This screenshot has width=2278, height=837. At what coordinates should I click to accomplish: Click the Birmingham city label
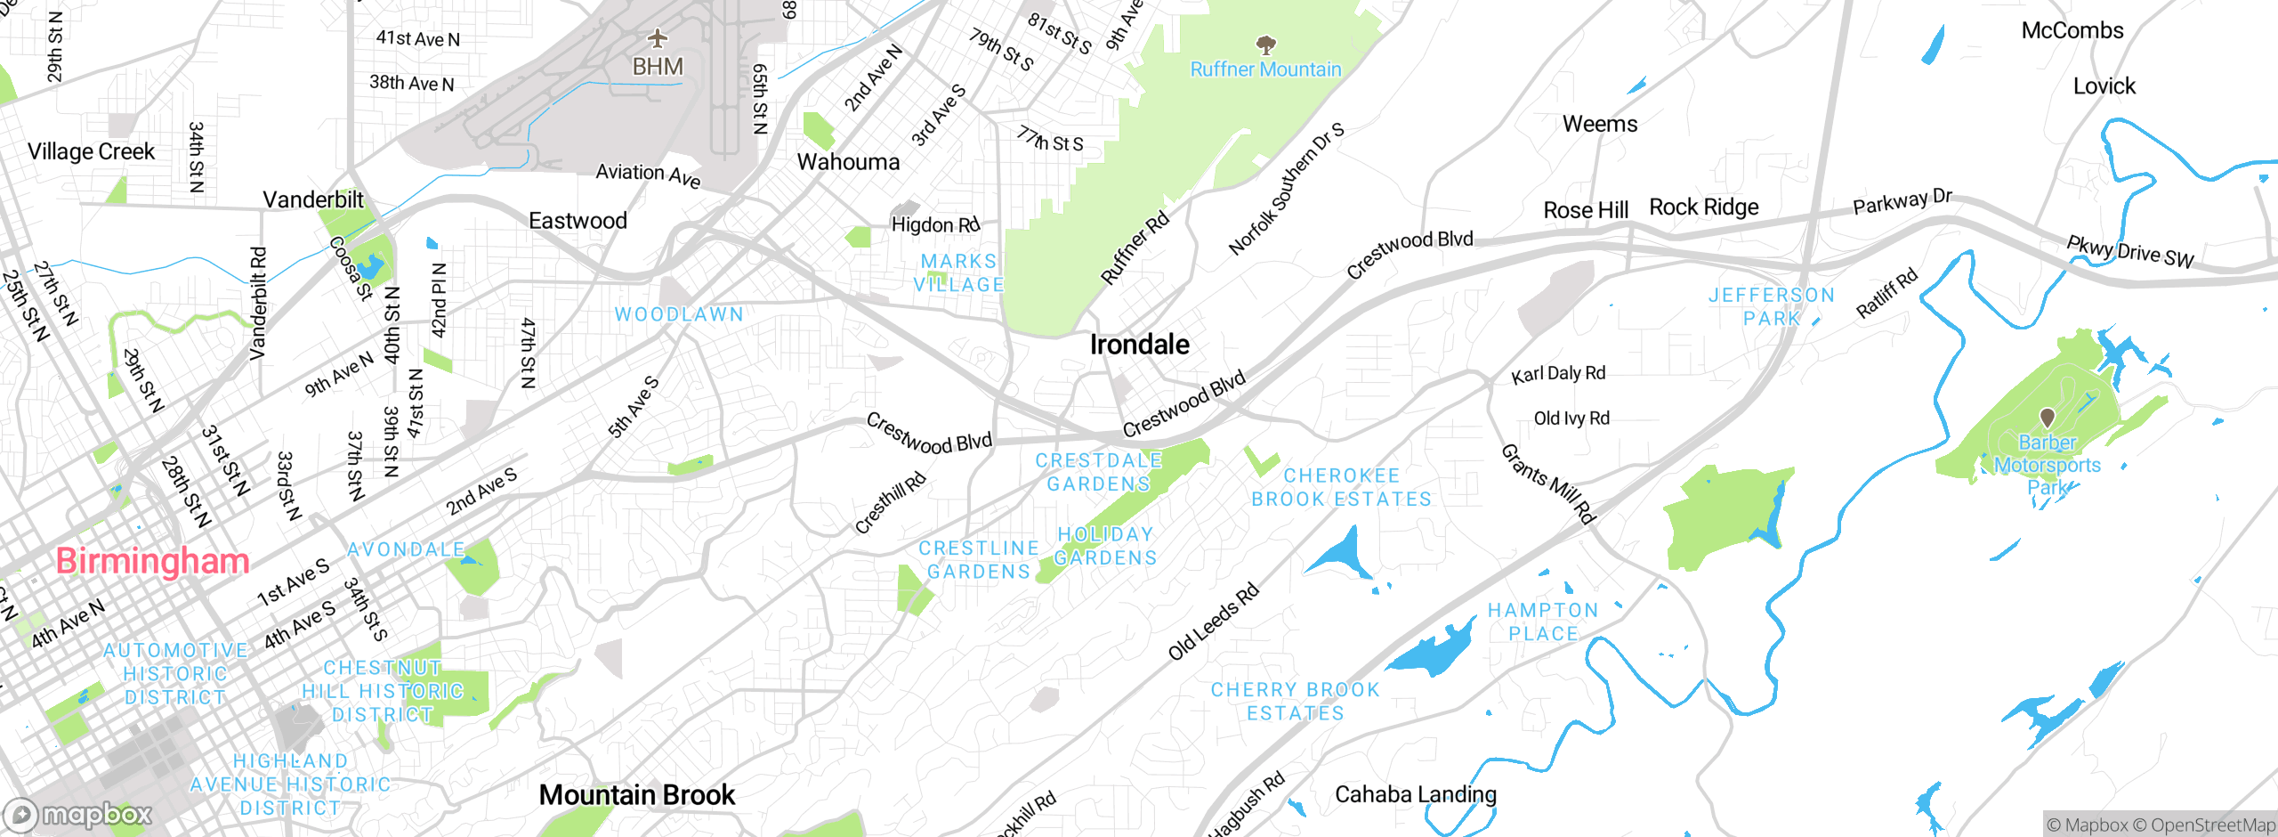tap(152, 561)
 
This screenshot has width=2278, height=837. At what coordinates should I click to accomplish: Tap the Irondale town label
tap(1139, 345)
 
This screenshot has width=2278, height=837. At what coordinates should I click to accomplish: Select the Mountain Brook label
tap(637, 794)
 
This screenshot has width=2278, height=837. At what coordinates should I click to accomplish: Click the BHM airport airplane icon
tap(657, 38)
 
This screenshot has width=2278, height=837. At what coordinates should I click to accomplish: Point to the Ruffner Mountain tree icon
tap(1265, 45)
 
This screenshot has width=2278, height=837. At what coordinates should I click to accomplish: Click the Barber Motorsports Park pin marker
tap(2047, 417)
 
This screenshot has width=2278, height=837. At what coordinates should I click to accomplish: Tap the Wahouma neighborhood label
tap(848, 162)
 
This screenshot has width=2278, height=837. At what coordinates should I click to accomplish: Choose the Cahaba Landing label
tap(1415, 794)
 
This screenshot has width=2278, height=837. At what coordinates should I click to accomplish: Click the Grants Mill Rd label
tap(1548, 484)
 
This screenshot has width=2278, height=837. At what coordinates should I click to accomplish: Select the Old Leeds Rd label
tap(1214, 622)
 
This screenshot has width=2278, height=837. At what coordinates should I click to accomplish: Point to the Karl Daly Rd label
tap(1558, 374)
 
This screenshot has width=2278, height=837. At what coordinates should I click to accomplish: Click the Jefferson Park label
tap(1771, 306)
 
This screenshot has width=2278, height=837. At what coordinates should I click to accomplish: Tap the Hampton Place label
tap(1543, 622)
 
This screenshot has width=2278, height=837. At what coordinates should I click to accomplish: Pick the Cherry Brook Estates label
tap(1295, 702)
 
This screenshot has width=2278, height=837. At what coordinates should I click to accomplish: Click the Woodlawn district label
tap(679, 314)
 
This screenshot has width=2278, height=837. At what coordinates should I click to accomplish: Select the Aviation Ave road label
tap(648, 175)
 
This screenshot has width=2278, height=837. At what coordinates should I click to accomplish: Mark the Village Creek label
tap(91, 151)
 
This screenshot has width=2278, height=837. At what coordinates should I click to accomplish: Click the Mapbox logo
tap(78, 815)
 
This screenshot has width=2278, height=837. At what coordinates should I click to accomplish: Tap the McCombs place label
tap(2072, 31)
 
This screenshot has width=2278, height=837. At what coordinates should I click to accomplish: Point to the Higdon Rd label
tap(935, 224)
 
